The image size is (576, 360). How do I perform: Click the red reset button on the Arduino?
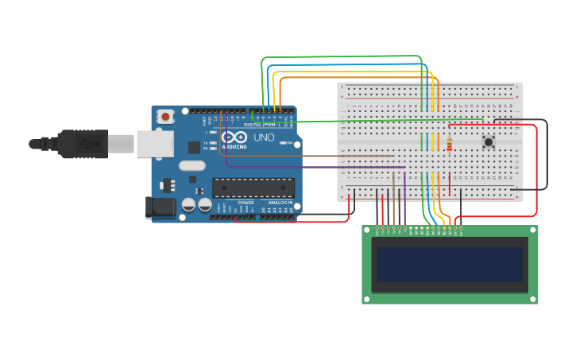[165, 117]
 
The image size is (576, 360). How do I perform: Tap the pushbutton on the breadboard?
[489, 142]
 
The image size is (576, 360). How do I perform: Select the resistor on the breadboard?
[449, 145]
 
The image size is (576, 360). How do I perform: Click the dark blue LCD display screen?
[450, 265]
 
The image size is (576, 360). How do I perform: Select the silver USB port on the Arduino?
[155, 144]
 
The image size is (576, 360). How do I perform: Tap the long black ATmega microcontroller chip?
[253, 188]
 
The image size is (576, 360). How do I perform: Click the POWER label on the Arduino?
[246, 203]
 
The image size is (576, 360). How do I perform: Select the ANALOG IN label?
[279, 203]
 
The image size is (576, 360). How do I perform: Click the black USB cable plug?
[79, 144]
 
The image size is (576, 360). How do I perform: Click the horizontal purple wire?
[318, 167]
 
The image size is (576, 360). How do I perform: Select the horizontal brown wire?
[318, 157]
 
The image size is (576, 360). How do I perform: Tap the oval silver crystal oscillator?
[192, 166]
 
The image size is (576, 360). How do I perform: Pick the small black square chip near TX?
[194, 147]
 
